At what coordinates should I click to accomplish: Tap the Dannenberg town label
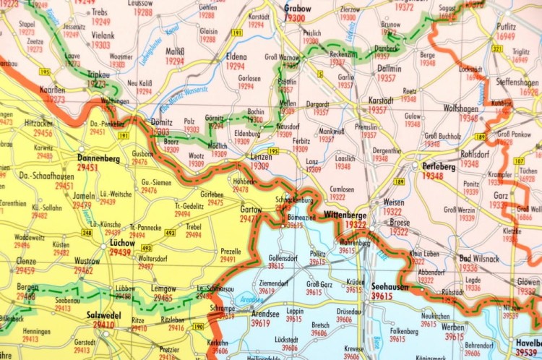coord(99,157)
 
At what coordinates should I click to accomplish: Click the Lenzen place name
coord(259,157)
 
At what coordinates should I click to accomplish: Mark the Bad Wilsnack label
coord(478,259)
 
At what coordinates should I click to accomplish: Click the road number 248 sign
coord(87,232)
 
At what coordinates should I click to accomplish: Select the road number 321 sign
coord(496,48)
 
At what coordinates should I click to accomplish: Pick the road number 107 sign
coord(519,160)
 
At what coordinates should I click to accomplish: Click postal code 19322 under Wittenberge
coord(355,225)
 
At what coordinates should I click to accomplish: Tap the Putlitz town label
coord(506,25)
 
